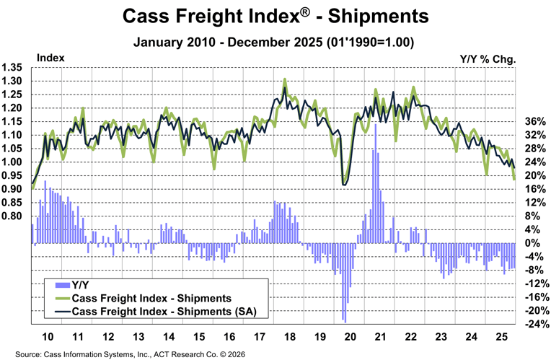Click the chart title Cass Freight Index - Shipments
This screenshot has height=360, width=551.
click(275, 15)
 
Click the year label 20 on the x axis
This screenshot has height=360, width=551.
click(352, 338)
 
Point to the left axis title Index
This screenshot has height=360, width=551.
click(50, 57)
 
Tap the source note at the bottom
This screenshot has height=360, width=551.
click(119, 354)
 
